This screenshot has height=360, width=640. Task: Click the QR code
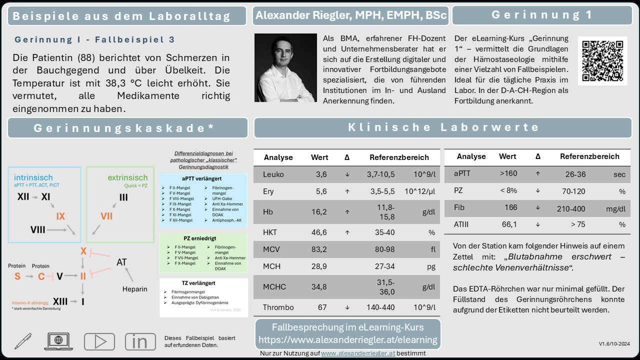[x=602, y=60]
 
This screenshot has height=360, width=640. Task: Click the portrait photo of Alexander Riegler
[x=285, y=68]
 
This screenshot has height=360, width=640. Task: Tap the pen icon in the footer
[x=22, y=341]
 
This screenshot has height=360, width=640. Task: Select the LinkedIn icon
[x=140, y=341]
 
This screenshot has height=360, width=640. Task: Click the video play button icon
[x=99, y=341]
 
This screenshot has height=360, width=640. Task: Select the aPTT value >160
[x=508, y=173]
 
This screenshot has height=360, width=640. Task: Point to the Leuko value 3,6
[x=321, y=174]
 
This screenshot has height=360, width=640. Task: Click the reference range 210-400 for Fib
[x=570, y=208]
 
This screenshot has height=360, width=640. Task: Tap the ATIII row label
[x=462, y=224]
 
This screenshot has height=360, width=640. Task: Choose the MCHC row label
[x=275, y=286]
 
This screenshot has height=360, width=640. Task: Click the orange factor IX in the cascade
[x=60, y=216]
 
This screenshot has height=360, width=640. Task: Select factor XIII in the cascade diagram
[x=60, y=301]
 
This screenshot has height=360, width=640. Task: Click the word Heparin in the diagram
[x=134, y=289]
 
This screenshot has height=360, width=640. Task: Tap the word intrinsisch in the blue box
[x=33, y=177]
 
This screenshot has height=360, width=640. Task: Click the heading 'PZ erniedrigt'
[x=202, y=238]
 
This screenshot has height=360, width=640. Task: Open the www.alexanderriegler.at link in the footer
[x=351, y=353]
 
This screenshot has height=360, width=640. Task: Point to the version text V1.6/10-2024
[x=614, y=344]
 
